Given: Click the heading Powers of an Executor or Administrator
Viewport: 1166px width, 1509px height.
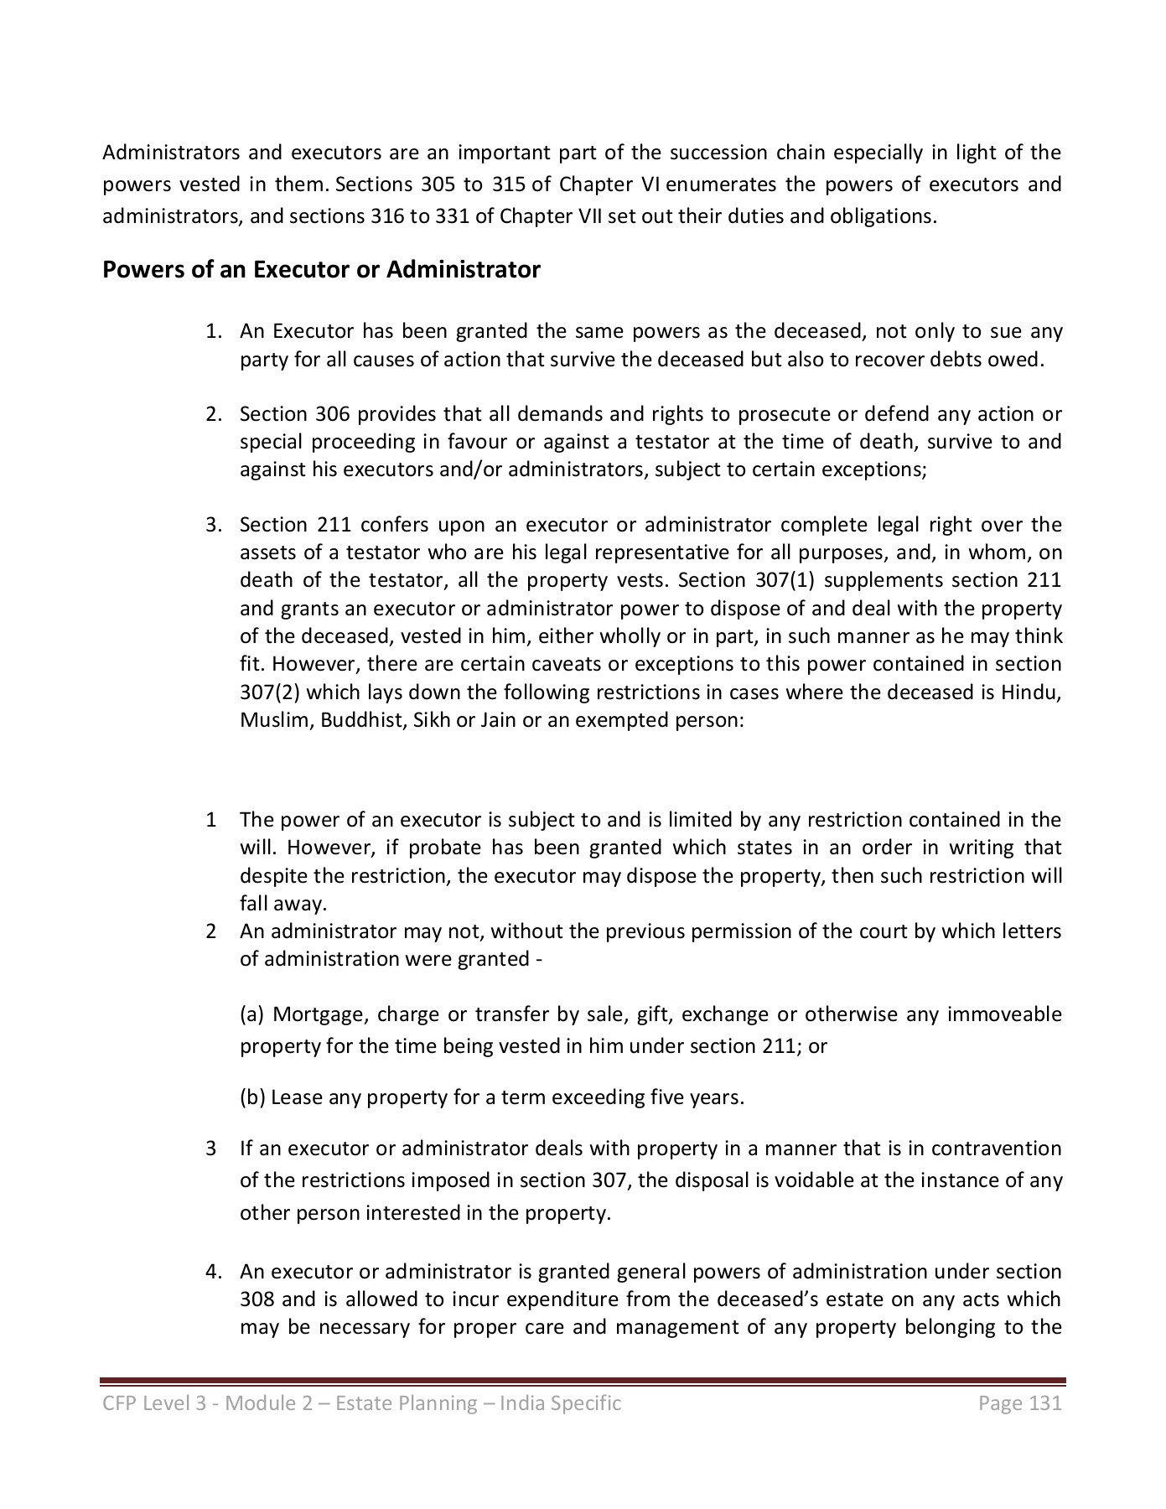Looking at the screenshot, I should click(321, 270).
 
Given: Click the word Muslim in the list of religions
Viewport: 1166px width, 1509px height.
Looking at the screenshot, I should click(267, 720).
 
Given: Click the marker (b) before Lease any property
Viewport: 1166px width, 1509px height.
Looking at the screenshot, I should click(253, 1097).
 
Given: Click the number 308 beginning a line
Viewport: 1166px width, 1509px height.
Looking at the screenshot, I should click(257, 1300).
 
